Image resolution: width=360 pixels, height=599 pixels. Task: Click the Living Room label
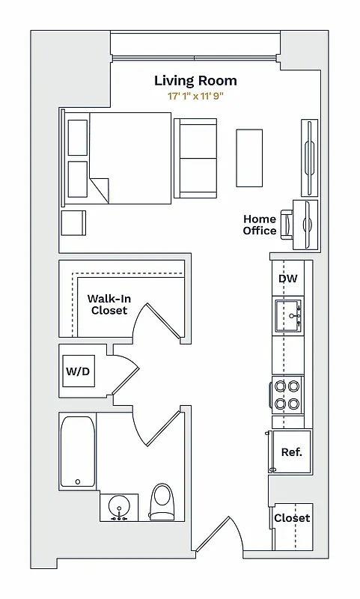point(195,80)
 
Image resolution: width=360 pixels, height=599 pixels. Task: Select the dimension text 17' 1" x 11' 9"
point(195,96)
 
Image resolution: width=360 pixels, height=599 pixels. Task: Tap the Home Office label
point(259,225)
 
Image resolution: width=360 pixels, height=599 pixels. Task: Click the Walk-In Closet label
point(109,304)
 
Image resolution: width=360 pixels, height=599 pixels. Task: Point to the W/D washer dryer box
point(78,371)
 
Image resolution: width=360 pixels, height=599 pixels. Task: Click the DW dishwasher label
point(288,279)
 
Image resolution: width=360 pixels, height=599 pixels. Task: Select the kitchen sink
point(288,315)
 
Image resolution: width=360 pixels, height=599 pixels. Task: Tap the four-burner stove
point(287,395)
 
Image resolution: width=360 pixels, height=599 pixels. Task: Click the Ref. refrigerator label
point(291,452)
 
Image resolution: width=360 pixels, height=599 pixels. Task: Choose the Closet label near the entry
point(291,518)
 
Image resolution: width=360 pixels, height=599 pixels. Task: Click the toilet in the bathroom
point(162,502)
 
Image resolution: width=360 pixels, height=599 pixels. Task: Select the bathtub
point(78,451)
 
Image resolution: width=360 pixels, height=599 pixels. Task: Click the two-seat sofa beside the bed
point(195,158)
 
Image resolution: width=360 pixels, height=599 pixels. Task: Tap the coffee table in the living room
point(250,158)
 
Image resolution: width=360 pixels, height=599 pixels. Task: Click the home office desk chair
point(287,222)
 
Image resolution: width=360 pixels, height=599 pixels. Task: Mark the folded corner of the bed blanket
point(99,189)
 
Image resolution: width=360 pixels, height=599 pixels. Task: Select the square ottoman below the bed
point(73,223)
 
